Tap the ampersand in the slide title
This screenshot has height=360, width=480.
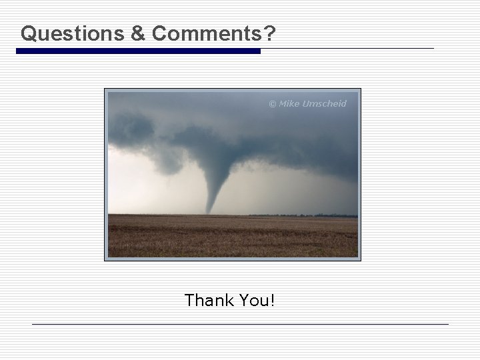138,33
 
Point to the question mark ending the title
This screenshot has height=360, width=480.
267,33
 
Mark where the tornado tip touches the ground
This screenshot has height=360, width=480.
209,213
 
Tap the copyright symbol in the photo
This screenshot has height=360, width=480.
272,104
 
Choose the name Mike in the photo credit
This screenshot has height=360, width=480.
289,104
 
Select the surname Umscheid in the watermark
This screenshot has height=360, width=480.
325,104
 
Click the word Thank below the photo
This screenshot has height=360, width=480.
207,301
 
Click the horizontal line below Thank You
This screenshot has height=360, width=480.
240,325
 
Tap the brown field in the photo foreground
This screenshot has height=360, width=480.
233,237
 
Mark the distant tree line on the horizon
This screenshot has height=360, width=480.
300,215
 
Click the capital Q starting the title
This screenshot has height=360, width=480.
28,33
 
